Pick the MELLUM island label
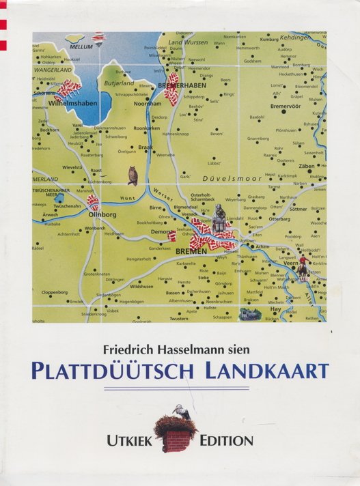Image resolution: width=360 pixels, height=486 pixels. (81, 47)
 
